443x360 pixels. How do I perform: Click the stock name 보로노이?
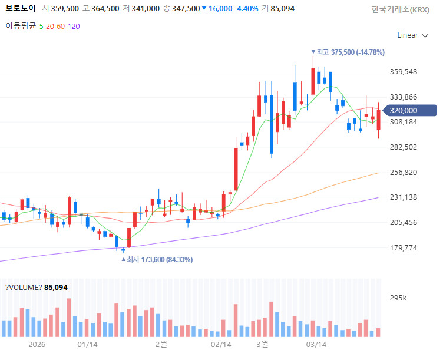coord(20,9)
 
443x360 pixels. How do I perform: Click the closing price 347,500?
coord(186,9)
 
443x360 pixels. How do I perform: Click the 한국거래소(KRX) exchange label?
coord(400,9)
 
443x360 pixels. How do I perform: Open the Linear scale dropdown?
coord(412,35)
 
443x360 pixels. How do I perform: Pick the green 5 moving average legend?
coord(41,26)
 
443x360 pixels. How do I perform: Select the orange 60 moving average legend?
coord(61,26)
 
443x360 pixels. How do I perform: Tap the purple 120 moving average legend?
coord(74,26)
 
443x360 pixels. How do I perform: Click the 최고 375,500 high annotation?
coord(350,52)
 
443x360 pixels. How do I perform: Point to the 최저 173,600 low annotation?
coord(158,259)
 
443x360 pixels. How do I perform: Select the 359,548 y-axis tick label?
coord(404,72)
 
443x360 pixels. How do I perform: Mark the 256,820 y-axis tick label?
coord(404,173)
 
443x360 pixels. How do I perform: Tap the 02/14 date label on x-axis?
coord(220,344)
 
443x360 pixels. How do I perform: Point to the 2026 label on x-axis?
coord(36,344)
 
